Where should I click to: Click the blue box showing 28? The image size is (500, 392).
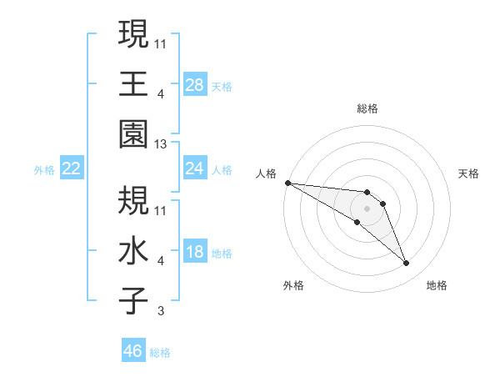tap(195, 85)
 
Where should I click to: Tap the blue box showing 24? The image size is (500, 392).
tap(195, 168)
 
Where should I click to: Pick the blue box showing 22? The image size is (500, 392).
tap(72, 168)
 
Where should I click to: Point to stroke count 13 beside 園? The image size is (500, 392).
tap(162, 144)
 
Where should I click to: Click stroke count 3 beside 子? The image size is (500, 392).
tap(162, 312)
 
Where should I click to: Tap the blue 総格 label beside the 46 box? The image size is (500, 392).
tap(161, 353)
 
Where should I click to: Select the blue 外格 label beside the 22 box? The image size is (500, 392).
tap(44, 170)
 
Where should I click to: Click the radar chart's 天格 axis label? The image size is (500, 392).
tap(469, 173)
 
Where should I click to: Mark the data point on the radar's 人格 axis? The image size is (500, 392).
tap(287, 183)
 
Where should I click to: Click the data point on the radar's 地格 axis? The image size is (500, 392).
tap(407, 264)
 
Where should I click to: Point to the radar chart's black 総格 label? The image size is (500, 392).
tap(367, 108)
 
